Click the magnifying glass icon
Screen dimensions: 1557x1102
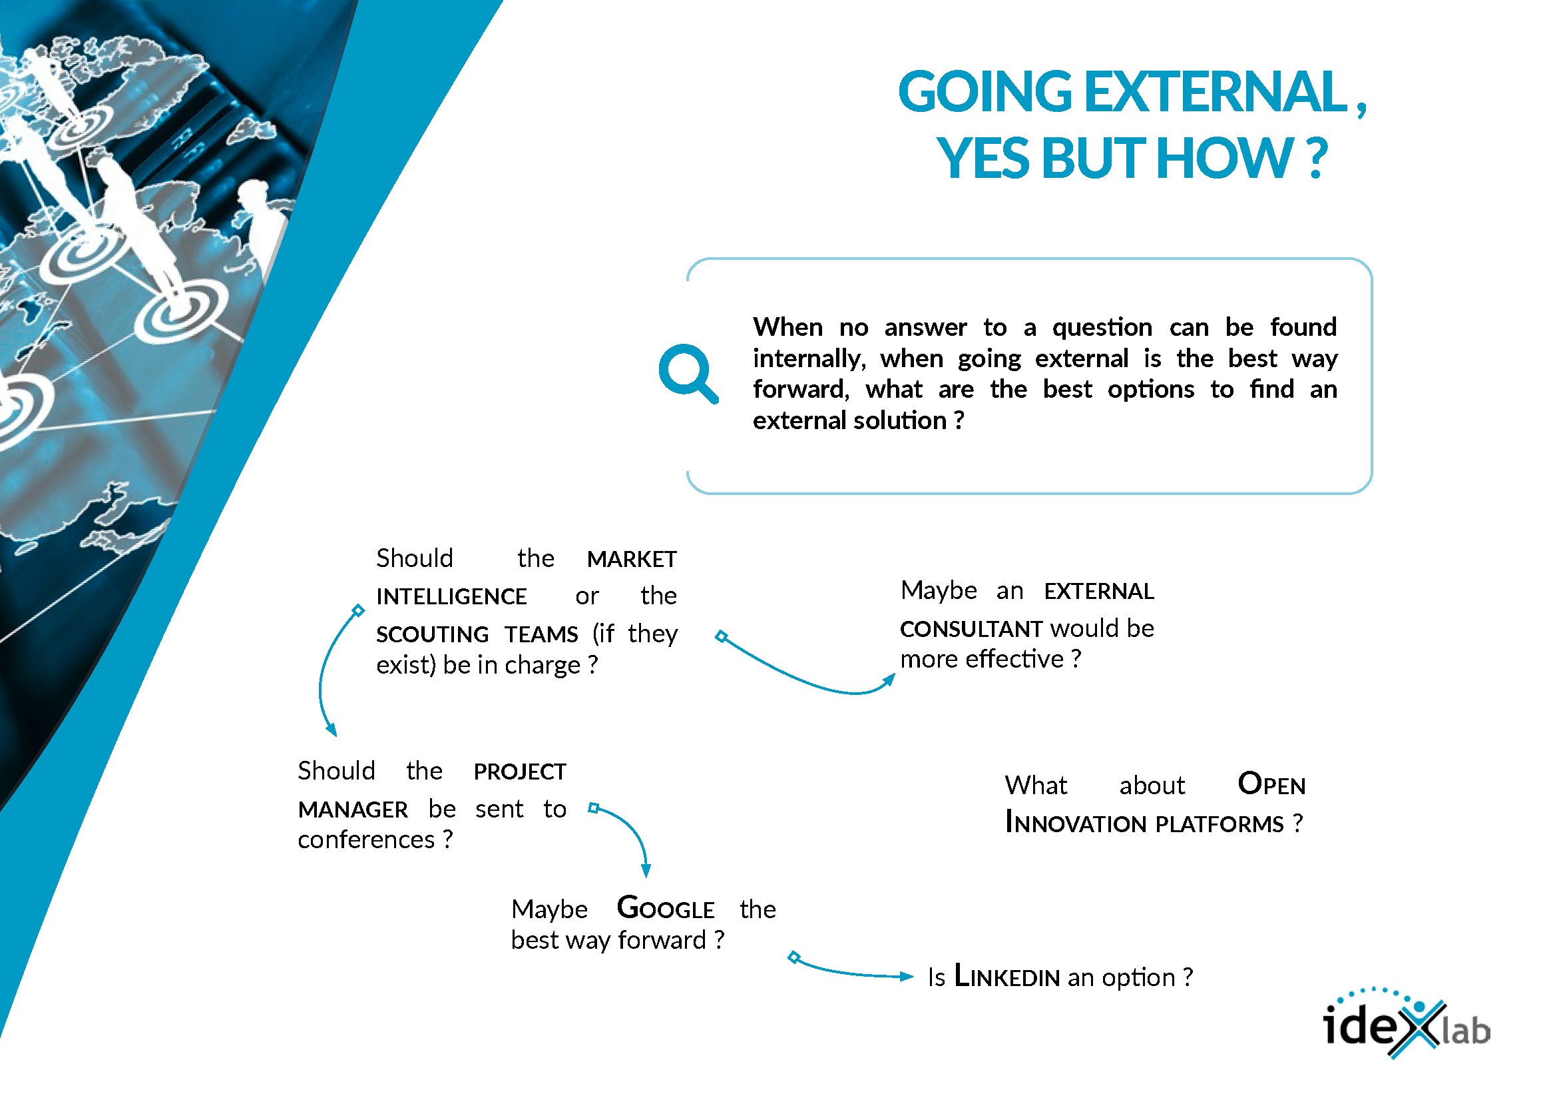point(688,373)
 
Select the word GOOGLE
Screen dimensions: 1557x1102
point(666,909)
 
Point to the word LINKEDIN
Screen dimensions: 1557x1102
point(1007,977)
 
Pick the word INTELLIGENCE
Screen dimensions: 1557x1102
point(451,597)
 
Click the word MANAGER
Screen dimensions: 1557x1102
point(353,810)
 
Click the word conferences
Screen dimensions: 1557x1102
point(366,840)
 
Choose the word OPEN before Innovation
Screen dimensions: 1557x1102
point(1271,784)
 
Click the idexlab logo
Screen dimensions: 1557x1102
point(1407,1023)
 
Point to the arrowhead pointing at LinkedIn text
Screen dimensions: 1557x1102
point(907,977)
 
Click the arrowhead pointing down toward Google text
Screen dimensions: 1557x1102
point(646,871)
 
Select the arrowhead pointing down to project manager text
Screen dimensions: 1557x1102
point(331,730)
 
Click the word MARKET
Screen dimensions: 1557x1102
point(631,560)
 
